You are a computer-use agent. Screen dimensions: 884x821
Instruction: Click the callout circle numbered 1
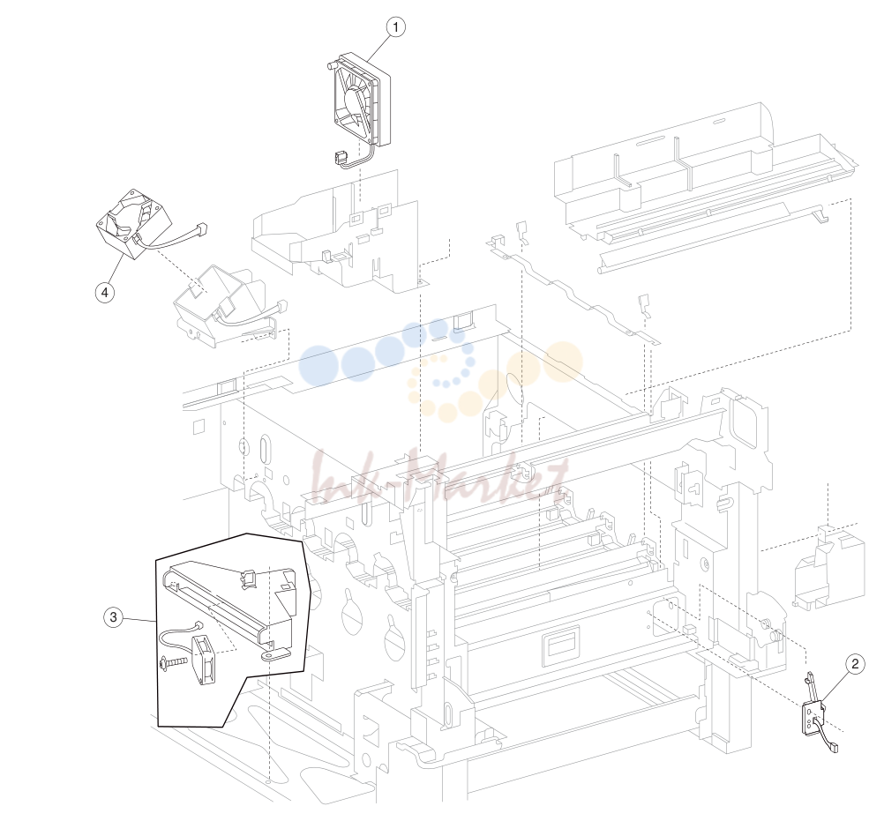coord(396,27)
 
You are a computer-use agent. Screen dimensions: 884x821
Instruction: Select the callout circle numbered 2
coord(855,664)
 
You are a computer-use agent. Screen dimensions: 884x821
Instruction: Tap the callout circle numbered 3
coord(113,617)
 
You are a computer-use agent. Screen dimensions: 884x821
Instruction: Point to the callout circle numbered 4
coord(105,293)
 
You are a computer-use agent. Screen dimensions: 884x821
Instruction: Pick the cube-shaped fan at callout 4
coord(133,224)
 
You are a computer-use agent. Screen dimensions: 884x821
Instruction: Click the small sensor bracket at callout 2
coord(813,711)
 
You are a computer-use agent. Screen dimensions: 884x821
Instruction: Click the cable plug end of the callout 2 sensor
coord(835,747)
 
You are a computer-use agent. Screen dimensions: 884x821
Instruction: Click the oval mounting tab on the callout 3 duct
coord(274,654)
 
